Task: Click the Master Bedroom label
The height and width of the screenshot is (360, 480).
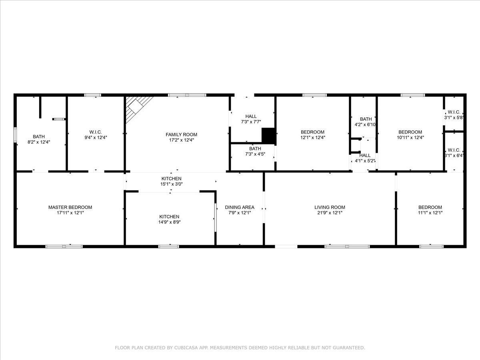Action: tap(70, 207)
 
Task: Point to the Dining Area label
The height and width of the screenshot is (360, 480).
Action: tap(240, 207)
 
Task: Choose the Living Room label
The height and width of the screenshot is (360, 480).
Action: tap(330, 207)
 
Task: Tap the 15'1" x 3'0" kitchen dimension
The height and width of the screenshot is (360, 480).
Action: tap(171, 184)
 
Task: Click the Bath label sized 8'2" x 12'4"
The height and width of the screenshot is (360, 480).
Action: tap(39, 136)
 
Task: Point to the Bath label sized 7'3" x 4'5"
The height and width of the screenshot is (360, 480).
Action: tap(252, 148)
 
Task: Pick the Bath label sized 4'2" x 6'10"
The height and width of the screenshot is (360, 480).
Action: tap(366, 119)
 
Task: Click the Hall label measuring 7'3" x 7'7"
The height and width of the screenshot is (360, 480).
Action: tap(251, 116)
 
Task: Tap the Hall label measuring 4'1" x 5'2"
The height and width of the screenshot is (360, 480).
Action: tap(365, 155)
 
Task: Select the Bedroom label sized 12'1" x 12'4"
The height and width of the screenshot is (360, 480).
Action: tap(312, 132)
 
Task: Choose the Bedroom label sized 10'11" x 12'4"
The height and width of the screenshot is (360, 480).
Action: tap(410, 132)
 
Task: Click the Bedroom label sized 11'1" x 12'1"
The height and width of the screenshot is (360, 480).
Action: tap(430, 207)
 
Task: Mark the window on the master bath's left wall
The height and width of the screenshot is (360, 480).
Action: tap(15, 134)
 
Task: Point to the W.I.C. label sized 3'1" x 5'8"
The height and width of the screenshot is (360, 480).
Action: tap(454, 112)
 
